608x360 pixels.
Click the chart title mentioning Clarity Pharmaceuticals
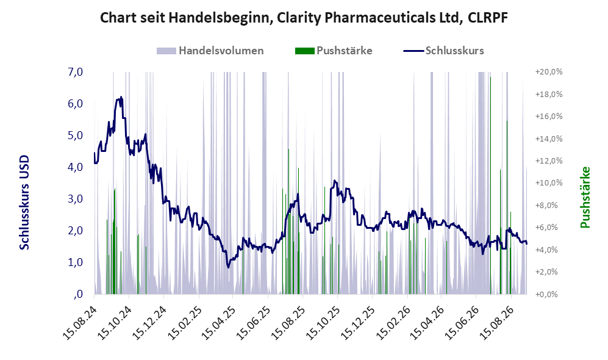pyautogui.click(x=304, y=18)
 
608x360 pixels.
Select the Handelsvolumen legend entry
pyautogui.click(x=210, y=51)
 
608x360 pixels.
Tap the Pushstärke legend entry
pyautogui.click(x=334, y=51)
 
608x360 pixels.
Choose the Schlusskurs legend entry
pyautogui.click(x=443, y=51)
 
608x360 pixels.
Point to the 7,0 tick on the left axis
pyautogui.click(x=75, y=72)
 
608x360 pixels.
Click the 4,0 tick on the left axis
pyautogui.click(x=75, y=167)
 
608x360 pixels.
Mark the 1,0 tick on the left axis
pyautogui.click(x=75, y=262)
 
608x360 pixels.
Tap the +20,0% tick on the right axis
pyautogui.click(x=549, y=72)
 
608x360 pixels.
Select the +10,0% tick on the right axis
pyautogui.click(x=549, y=182)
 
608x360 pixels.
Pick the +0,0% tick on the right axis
pyautogui.click(x=549, y=294)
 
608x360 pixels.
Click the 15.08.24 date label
pyautogui.click(x=80, y=322)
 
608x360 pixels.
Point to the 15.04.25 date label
pyautogui.click(x=219, y=322)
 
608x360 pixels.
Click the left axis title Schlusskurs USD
pyautogui.click(x=24, y=203)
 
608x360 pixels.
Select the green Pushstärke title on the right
pyautogui.click(x=585, y=197)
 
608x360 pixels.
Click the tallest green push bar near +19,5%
pyautogui.click(x=490, y=185)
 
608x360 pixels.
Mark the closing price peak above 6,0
pyautogui.click(x=121, y=97)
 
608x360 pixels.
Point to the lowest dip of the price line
pyautogui.click(x=228, y=267)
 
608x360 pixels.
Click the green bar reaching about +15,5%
pyautogui.click(x=507, y=207)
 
